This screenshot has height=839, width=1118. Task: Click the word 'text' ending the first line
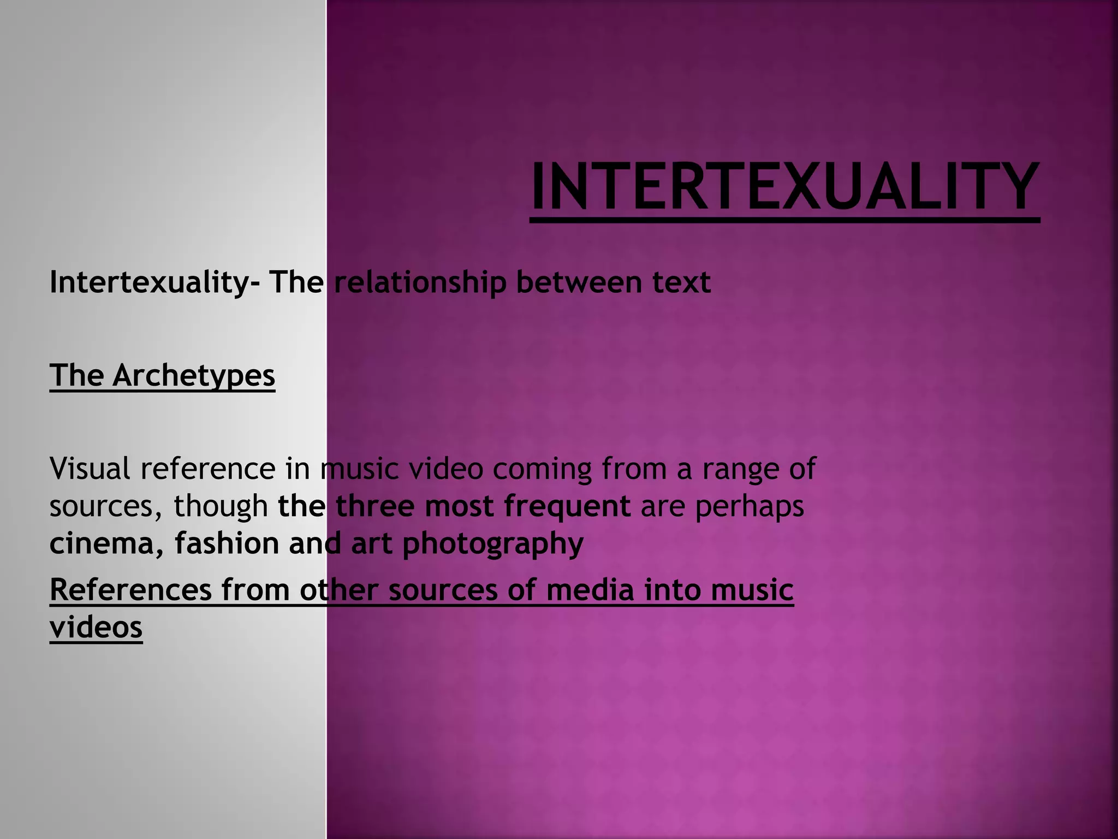[682, 283]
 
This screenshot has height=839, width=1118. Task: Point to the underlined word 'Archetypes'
[194, 376]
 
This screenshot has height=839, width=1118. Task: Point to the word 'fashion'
[227, 543]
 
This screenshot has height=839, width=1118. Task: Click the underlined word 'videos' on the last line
[96, 627]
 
